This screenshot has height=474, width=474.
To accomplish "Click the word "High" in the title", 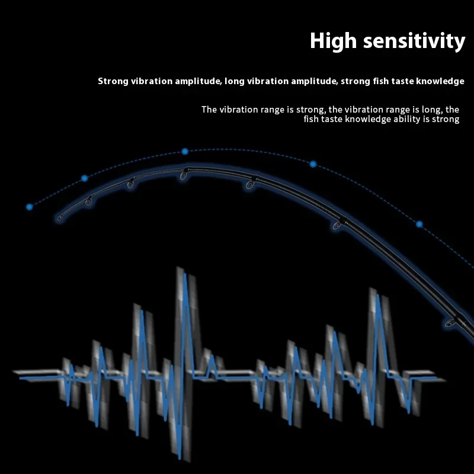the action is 333,41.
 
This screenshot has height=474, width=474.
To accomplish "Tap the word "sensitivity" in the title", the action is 414,40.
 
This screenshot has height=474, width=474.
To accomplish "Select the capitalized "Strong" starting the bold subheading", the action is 113,81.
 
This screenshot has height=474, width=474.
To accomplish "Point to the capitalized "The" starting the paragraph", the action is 209,110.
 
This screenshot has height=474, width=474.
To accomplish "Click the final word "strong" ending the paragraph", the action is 446,120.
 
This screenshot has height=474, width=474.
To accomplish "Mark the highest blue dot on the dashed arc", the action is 185,151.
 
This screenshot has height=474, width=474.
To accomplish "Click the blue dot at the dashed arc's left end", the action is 29,207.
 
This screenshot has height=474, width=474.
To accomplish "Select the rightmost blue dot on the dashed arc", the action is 419,224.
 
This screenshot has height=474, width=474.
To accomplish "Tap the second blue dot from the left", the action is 85,178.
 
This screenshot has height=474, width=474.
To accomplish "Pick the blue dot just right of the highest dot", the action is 313,164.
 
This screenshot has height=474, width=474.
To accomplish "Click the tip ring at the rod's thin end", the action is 60,218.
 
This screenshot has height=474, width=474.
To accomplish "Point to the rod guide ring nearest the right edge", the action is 450,323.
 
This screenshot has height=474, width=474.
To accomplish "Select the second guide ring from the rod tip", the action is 89,200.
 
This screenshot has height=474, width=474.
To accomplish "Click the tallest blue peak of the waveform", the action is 185,275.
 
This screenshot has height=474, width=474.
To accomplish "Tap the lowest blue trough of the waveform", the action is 180,457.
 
